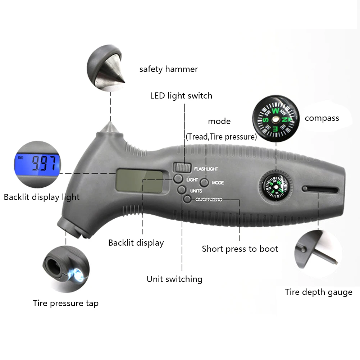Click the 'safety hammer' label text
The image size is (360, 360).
168,69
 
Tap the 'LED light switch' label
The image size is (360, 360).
181,96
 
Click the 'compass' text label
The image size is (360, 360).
322,118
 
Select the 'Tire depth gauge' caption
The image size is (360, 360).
318,292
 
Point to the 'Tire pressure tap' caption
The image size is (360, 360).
65,303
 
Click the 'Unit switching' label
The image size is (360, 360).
174,279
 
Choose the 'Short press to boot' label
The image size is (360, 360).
240,249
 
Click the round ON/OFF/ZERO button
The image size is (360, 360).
187,199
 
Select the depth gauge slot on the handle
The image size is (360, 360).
320,190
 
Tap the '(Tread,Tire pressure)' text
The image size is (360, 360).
221,137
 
